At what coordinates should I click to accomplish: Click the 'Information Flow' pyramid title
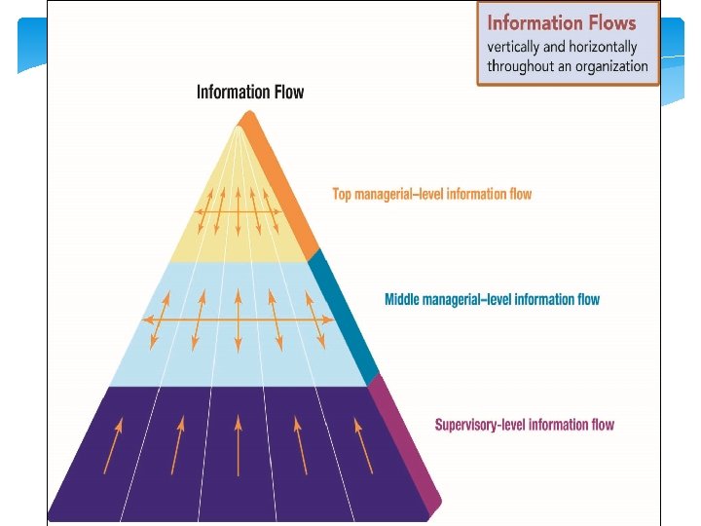[250, 93]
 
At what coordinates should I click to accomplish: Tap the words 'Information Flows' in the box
[561, 23]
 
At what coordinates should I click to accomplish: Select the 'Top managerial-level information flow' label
[432, 194]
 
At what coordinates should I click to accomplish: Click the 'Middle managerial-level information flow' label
[492, 299]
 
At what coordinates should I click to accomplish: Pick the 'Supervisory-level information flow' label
[524, 425]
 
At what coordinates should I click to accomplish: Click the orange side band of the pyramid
[282, 185]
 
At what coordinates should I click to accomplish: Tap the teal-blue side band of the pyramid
[344, 318]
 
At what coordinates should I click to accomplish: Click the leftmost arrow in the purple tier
[114, 445]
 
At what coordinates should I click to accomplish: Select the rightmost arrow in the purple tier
[362, 445]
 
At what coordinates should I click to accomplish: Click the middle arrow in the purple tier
[239, 445]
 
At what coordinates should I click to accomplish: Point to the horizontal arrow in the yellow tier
[239, 210]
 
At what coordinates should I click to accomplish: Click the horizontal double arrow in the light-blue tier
[239, 319]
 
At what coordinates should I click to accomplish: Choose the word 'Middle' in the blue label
[402, 299]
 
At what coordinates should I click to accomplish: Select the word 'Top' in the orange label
[342, 194]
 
